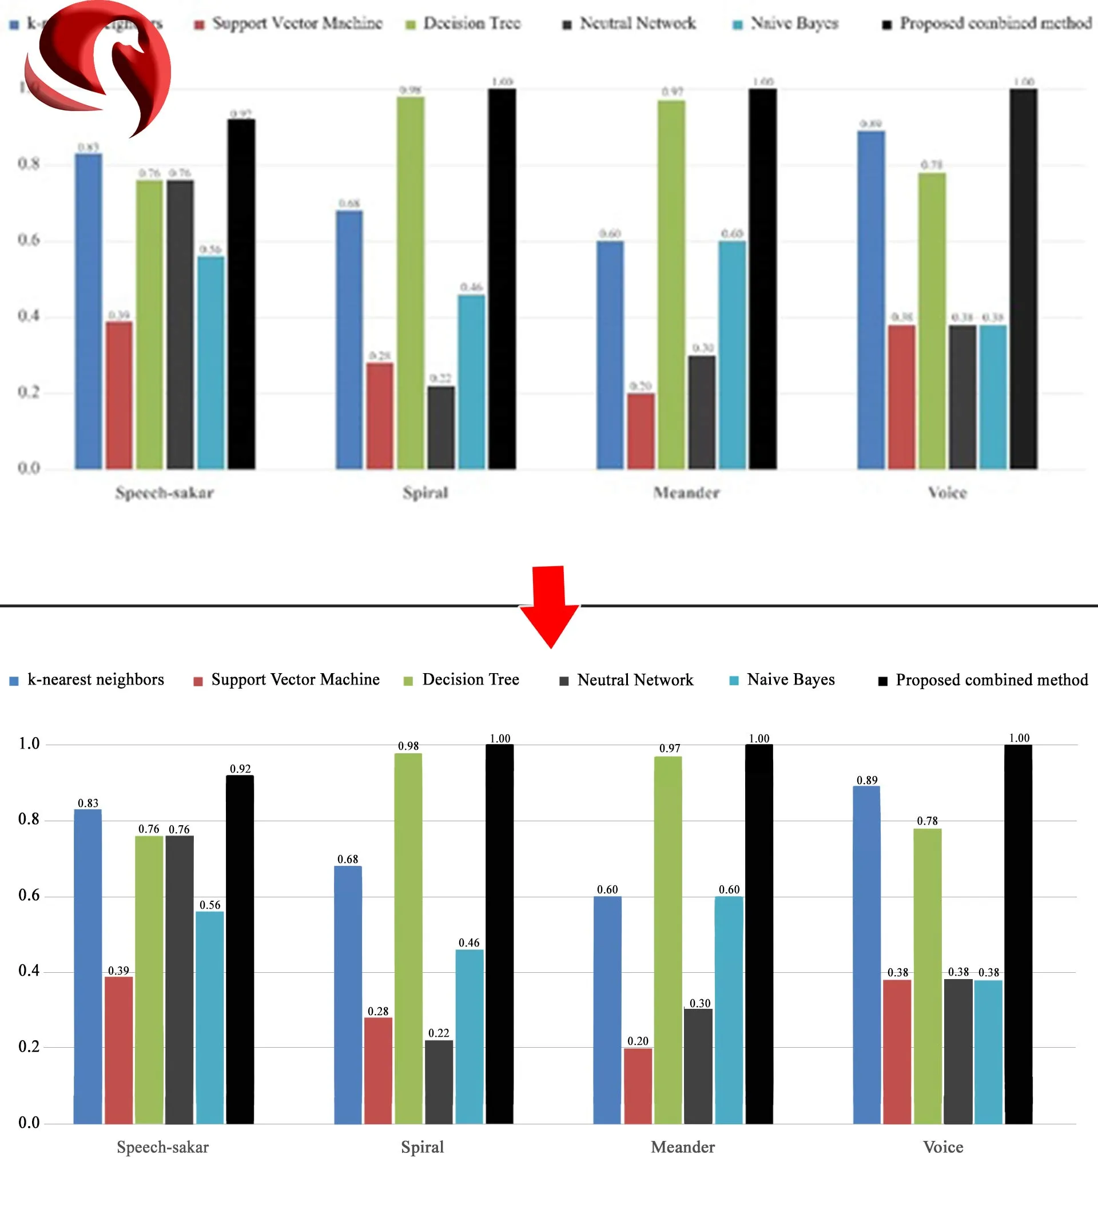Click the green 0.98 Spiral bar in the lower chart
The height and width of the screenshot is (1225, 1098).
pos(408,938)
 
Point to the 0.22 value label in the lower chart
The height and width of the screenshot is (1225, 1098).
pos(439,1032)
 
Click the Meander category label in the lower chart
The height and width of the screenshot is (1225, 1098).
pos(682,1147)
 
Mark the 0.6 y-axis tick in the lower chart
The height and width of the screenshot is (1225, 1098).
pos(29,896)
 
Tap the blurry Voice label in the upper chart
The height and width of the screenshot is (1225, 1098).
pos(946,493)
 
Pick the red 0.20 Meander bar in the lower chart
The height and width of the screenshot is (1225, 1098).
pos(638,1085)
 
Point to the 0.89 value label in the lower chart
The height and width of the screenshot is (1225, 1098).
pos(867,780)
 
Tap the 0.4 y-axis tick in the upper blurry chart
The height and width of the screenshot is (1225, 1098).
pos(29,316)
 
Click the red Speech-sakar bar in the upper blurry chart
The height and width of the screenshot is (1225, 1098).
pos(119,395)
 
